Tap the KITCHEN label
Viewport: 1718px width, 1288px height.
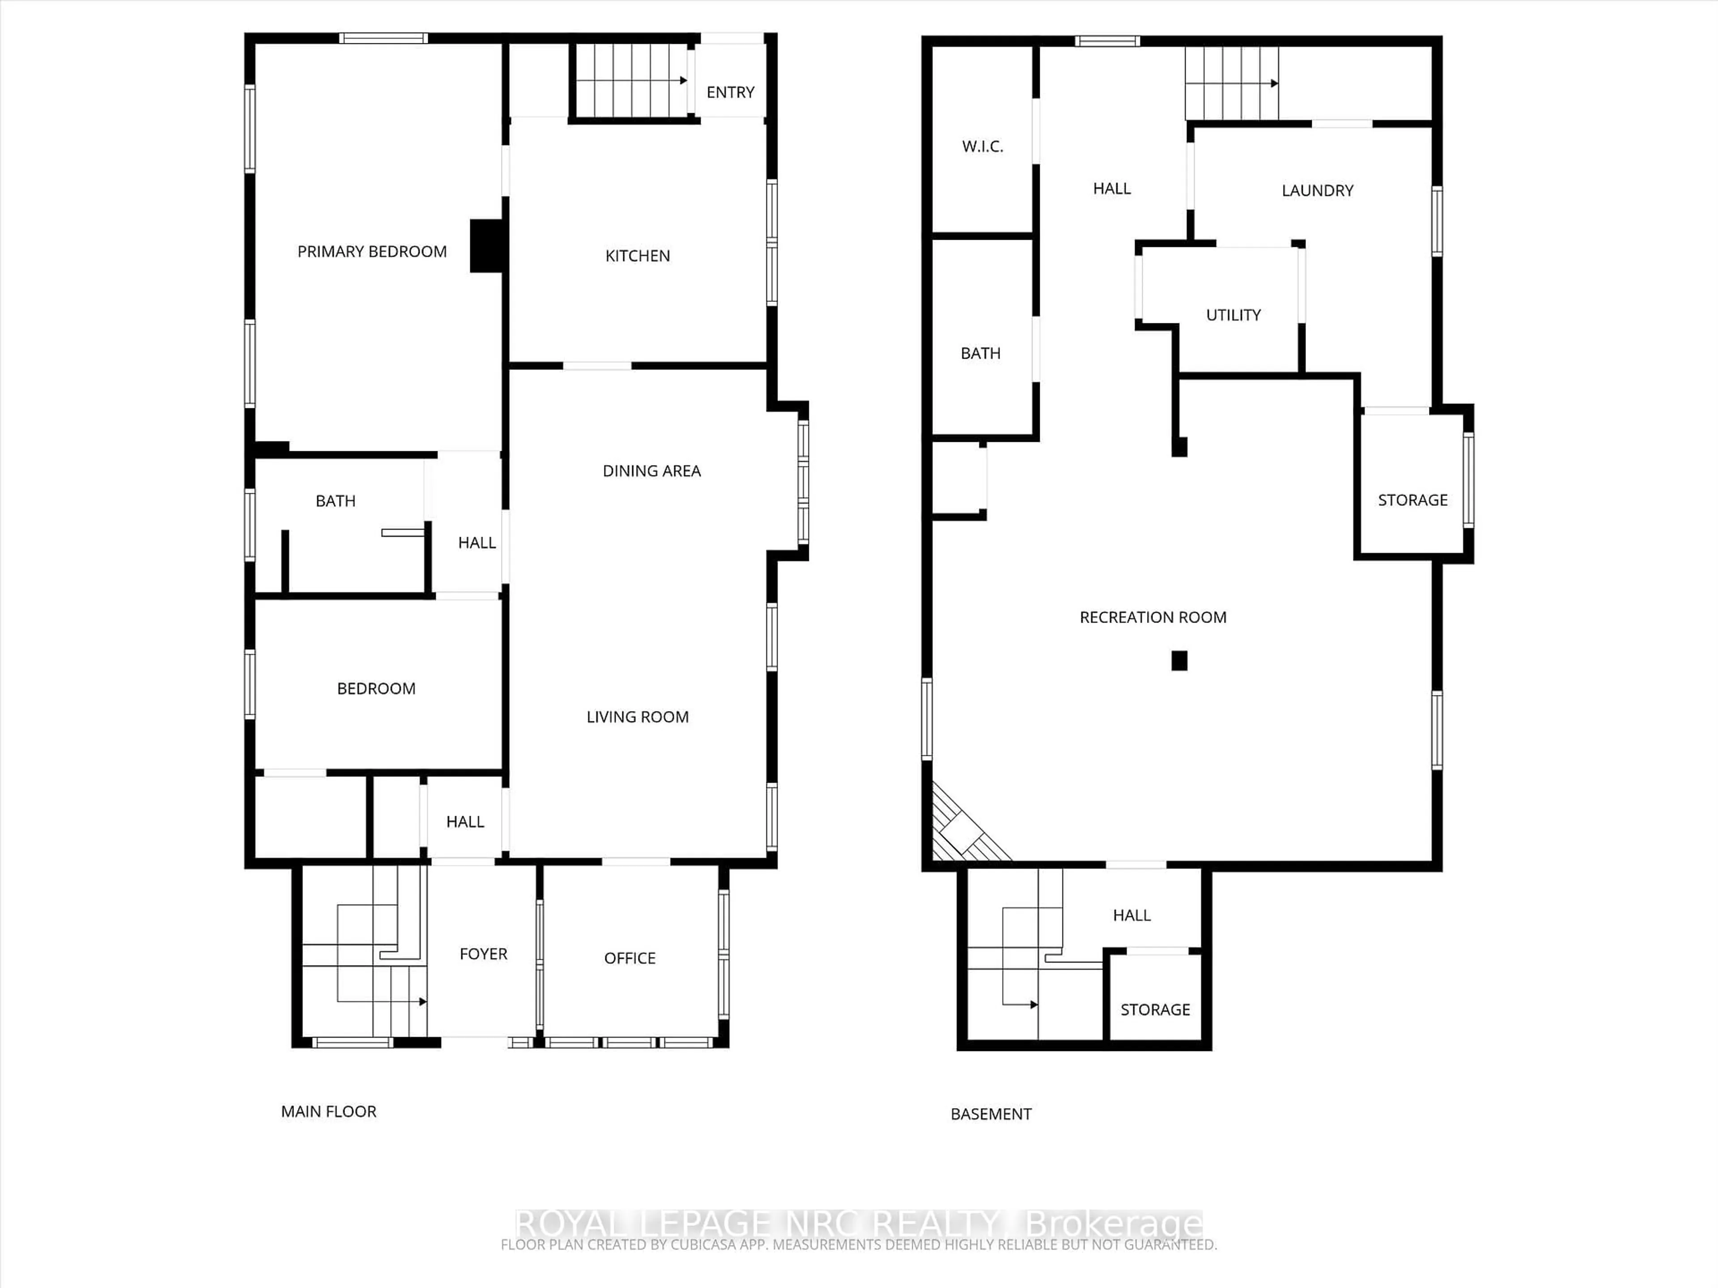637,256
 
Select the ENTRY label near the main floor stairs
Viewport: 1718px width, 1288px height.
730,93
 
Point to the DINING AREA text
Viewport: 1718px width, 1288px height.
651,471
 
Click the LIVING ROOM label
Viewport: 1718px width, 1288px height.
637,717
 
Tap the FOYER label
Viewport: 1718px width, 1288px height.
483,954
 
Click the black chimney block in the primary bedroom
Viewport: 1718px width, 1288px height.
487,246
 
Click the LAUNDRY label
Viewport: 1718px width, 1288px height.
1317,191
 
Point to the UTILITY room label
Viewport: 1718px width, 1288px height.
1233,315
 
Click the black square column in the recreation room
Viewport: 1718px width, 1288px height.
1179,661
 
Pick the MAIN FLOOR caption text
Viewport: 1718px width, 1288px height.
328,1112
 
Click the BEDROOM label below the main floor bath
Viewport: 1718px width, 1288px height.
376,689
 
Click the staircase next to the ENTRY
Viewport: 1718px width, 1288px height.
631,81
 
